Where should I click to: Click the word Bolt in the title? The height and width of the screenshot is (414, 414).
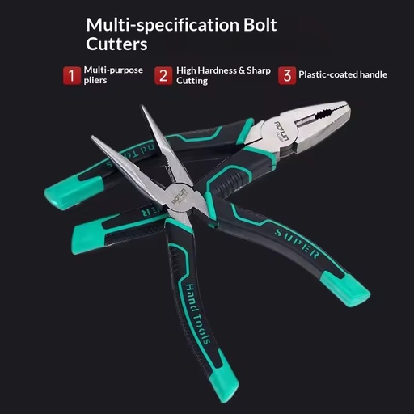coord(260,25)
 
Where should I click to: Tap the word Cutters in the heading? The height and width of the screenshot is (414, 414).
coord(116,44)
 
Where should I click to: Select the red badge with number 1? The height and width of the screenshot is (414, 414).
coord(71,75)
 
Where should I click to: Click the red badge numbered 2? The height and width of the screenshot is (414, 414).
coord(163,76)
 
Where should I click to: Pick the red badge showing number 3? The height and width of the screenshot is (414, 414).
coord(287,76)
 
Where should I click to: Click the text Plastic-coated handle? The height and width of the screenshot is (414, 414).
coord(343,74)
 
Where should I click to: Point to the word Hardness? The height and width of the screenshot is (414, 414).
coord(217,70)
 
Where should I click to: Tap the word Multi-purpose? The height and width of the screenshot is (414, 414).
coord(113,70)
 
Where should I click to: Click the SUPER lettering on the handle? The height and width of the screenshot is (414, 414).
coord(297,243)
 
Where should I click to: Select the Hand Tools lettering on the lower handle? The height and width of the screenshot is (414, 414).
coord(197,314)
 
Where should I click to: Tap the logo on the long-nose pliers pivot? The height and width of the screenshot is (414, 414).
coord(180,196)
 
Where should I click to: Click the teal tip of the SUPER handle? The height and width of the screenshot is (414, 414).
coord(347,289)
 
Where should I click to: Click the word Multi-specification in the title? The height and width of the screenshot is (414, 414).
coord(163,26)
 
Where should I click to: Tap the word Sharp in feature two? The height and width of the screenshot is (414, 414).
coord(259,71)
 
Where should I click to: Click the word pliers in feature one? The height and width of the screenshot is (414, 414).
coord(95,81)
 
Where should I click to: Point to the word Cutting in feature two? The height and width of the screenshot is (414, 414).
coord(192,81)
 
